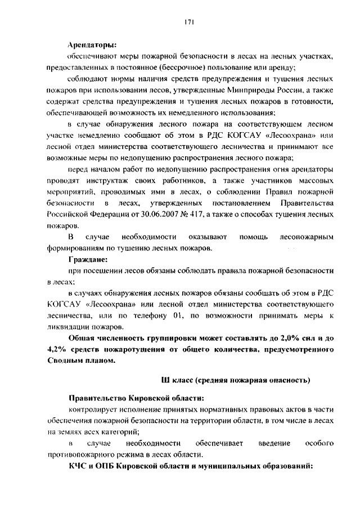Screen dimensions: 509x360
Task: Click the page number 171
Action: coord(189,22)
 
